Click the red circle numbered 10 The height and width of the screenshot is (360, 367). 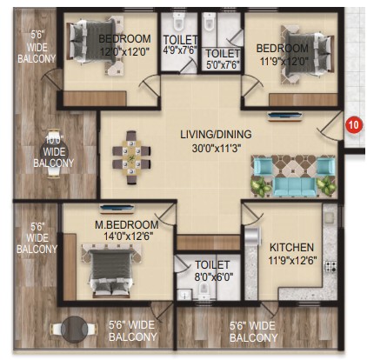click(x=354, y=125)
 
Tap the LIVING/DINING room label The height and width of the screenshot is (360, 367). click(x=216, y=135)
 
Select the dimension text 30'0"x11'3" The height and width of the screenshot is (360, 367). click(x=216, y=149)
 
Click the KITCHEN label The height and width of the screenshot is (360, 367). click(x=291, y=248)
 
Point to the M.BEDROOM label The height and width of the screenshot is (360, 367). click(x=127, y=224)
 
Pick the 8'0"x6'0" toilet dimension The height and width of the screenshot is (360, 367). click(x=214, y=277)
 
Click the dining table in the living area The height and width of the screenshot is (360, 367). click(x=131, y=157)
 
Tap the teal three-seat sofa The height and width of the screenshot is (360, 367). click(x=295, y=186)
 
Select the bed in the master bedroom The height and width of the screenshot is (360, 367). click(x=111, y=272)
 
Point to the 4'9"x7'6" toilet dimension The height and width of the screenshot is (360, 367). click(x=180, y=50)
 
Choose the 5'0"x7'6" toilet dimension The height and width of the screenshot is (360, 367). click(x=223, y=64)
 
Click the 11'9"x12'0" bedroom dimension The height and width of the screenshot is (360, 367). click(x=282, y=62)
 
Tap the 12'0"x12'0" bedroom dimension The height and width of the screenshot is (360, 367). click(x=124, y=52)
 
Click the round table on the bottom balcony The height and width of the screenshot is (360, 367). click(x=74, y=329)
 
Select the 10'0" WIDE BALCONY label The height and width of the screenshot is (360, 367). click(x=54, y=151)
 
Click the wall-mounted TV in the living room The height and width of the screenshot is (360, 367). click(x=285, y=117)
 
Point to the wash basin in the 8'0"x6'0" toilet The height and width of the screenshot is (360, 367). click(x=184, y=295)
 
